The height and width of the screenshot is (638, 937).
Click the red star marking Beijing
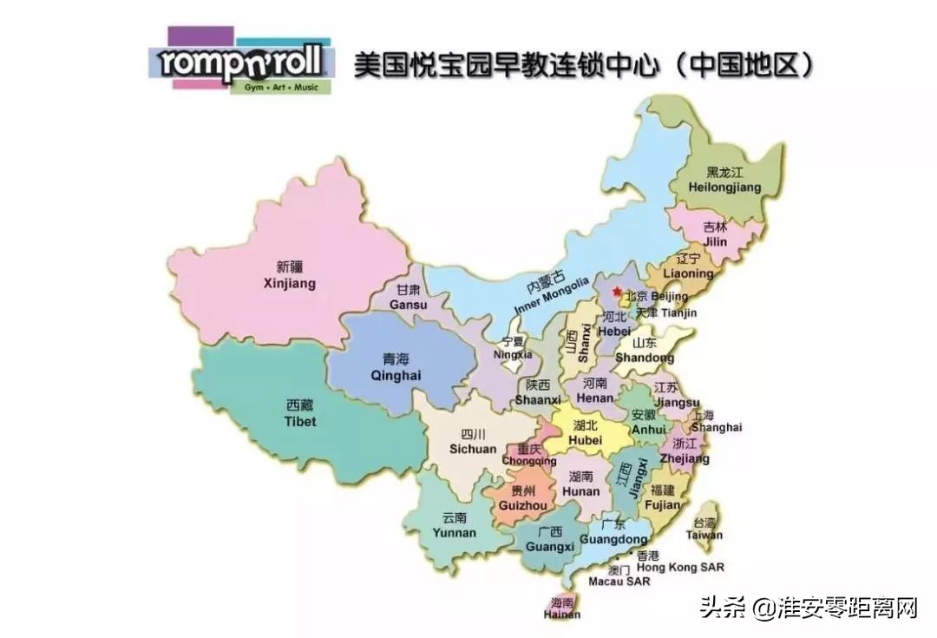coord(617,292)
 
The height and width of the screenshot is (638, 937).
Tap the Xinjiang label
coord(290,276)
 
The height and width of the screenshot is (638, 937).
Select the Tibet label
coord(300,413)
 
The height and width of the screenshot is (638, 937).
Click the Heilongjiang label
coord(724,180)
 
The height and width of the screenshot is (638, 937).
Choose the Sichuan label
coord(473,442)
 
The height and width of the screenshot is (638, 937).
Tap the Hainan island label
coord(561,608)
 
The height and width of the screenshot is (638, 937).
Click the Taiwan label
coord(704,529)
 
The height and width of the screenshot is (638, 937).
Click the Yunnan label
coord(454,524)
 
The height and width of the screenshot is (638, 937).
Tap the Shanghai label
coord(717,421)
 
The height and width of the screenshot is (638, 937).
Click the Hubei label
coord(585,433)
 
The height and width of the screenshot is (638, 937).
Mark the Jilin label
coord(715,234)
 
